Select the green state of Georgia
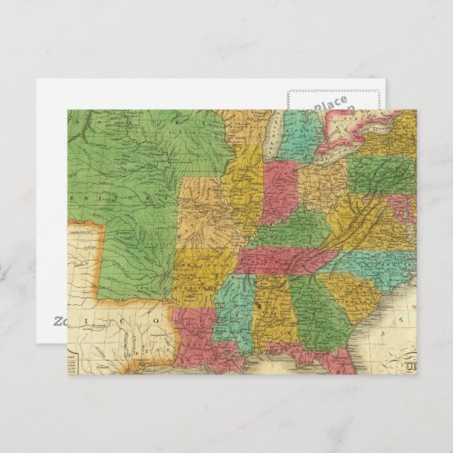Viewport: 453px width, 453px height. coord(317,308)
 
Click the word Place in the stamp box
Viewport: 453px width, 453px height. coord(330,104)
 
